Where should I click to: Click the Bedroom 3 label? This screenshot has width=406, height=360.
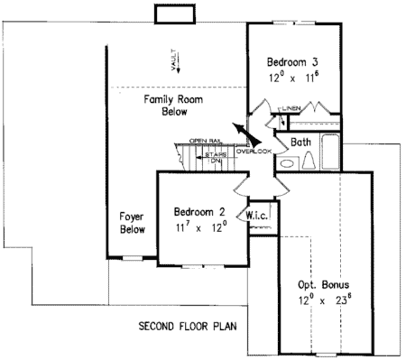coord(292,62)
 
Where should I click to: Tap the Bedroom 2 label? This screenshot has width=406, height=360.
coord(199,212)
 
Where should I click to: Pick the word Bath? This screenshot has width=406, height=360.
coord(302,143)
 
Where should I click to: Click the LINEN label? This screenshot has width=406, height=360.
coord(291,109)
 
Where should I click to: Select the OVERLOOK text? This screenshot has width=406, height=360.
coord(254,151)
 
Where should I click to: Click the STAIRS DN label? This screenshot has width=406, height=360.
coord(215,159)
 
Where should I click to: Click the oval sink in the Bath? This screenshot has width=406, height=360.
coord(287,163)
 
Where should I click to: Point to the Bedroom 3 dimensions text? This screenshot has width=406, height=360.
coord(292,78)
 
